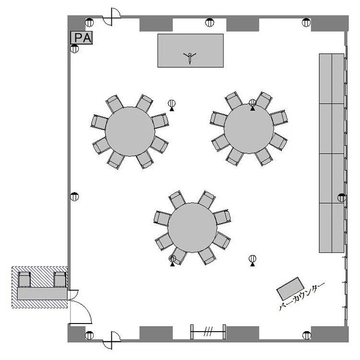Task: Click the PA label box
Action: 82,37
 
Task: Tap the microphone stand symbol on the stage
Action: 190,58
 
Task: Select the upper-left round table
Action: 130,132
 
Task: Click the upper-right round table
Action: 249,129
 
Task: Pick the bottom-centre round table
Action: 192,228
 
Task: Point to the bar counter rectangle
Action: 290,288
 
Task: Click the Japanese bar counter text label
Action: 302,297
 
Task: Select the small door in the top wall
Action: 111,16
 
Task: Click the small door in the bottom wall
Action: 111,340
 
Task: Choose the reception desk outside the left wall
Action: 42,293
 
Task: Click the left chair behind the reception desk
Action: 24,279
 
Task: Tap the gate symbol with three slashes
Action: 208,332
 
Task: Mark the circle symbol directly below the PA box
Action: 74,48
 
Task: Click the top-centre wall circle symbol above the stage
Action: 209,23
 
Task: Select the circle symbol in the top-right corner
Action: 306,23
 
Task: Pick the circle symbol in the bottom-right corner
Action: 307,335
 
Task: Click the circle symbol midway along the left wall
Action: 74,196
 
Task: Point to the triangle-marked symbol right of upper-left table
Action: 172,105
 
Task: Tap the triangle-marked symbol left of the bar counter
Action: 252,261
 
